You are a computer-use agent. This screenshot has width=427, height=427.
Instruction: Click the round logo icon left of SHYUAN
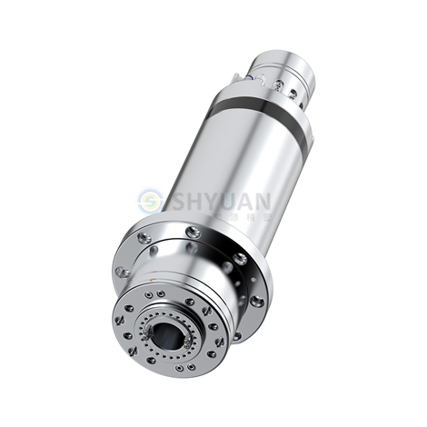149,202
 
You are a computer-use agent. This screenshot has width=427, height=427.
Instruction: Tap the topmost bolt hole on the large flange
192,233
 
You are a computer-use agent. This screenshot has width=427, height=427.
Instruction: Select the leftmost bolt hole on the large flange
121,272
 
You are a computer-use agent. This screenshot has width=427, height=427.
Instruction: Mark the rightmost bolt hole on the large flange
258,301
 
